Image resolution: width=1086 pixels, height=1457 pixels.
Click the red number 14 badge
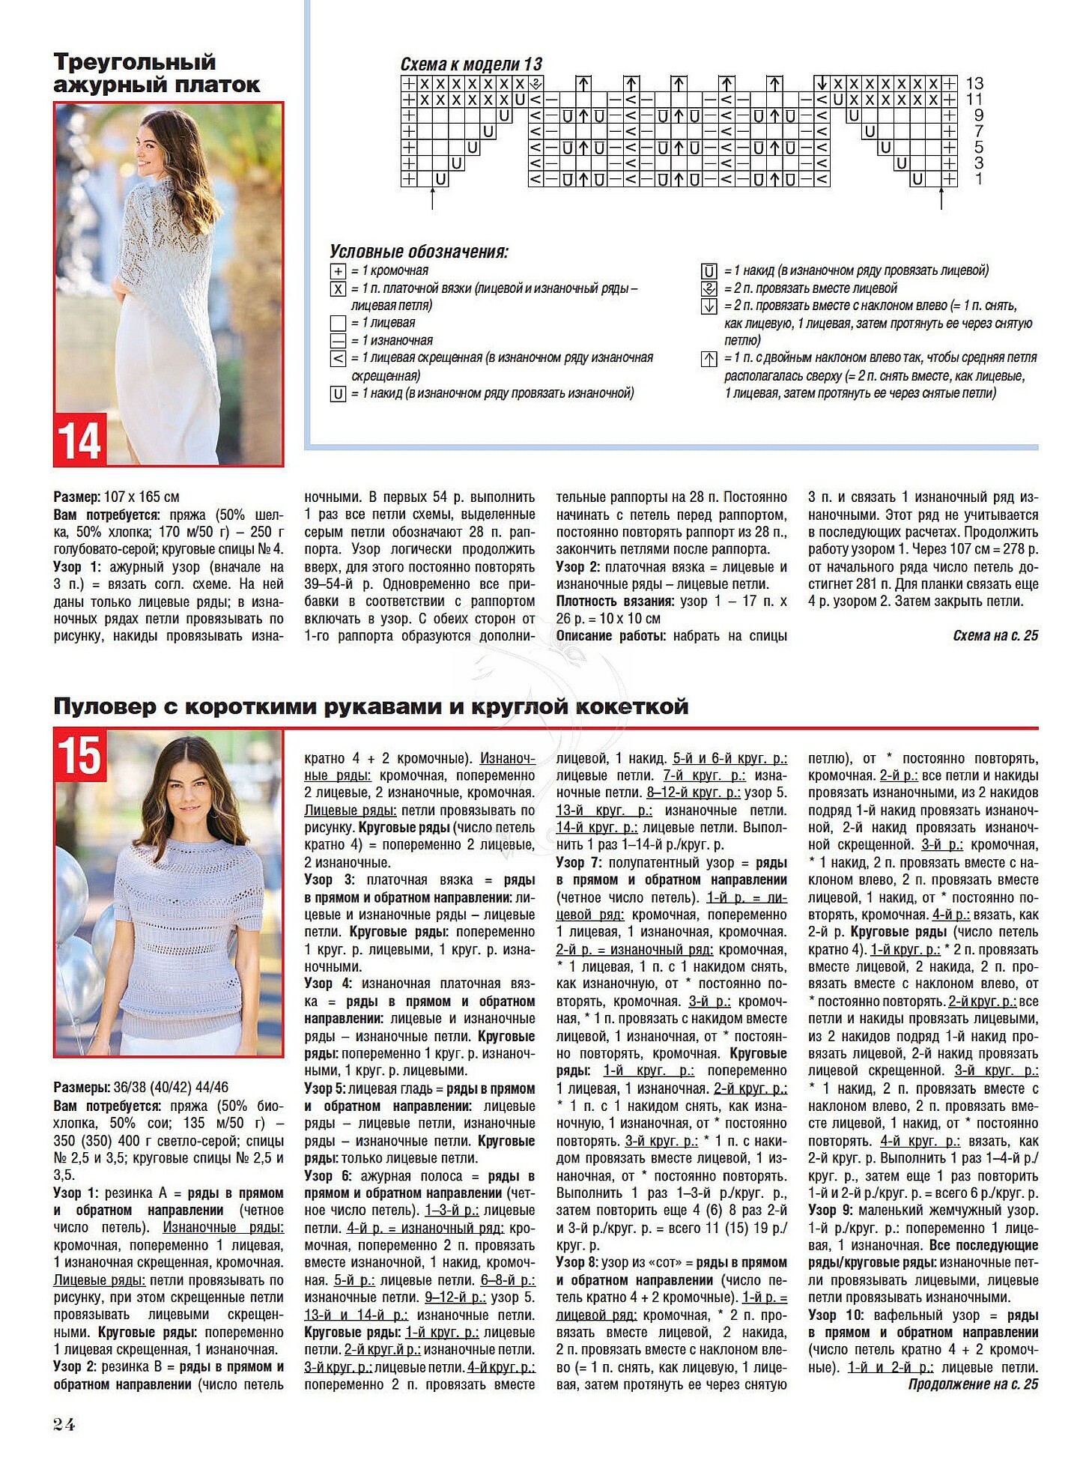click(79, 440)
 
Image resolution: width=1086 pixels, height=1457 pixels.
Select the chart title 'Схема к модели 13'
click(471, 64)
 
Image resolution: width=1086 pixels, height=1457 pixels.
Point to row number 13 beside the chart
click(974, 83)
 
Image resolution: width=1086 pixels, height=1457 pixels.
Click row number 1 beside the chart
click(978, 179)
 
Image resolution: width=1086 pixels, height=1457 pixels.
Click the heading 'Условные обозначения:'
click(419, 252)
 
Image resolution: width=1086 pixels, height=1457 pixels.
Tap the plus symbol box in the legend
click(338, 271)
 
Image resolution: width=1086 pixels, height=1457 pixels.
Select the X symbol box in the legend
click(338, 289)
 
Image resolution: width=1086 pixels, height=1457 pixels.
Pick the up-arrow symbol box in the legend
click(709, 360)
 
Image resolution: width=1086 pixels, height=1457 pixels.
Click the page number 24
click(64, 1424)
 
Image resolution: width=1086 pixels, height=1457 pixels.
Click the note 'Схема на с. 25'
click(995, 636)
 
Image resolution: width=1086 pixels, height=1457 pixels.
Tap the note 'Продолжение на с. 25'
click(973, 1384)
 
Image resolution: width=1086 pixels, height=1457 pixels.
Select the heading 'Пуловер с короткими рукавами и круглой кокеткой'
click(371, 706)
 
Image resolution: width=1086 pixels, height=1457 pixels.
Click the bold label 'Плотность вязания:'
click(615, 602)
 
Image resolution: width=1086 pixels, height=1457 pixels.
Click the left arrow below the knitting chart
click(433, 199)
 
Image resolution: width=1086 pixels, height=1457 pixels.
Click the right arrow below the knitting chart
click(941, 199)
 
